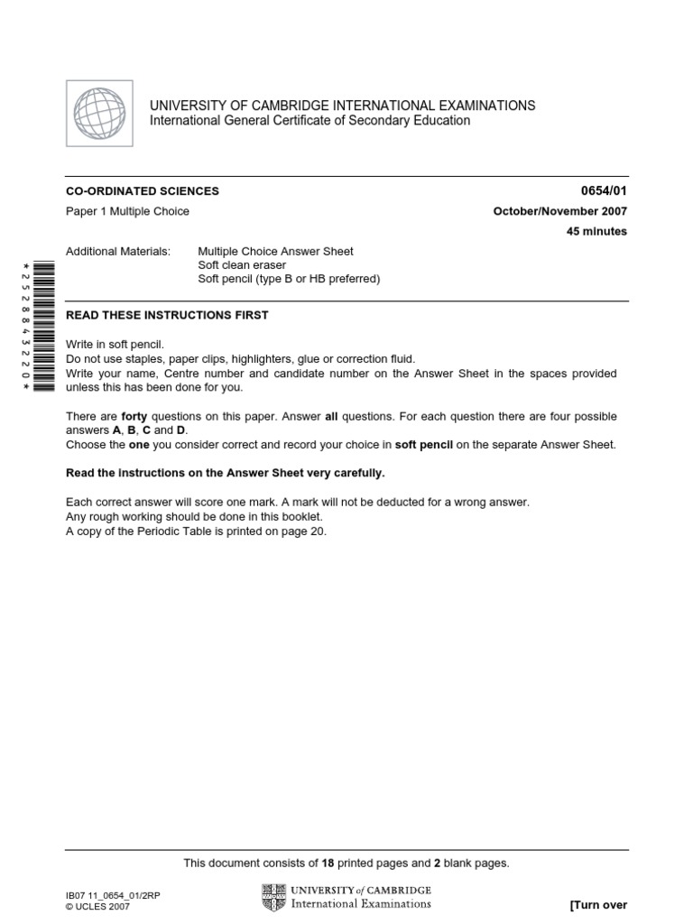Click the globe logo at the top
tap(99, 114)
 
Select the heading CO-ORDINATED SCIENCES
tap(143, 191)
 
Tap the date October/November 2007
tap(560, 212)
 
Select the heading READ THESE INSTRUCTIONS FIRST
tap(167, 315)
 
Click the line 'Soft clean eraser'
tap(241, 265)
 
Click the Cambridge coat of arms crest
tap(272, 897)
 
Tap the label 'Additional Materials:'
tap(118, 252)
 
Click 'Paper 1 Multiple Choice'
tap(127, 212)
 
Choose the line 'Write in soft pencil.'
tap(115, 345)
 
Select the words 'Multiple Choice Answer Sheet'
tap(275, 252)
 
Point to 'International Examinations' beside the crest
tap(359, 903)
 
